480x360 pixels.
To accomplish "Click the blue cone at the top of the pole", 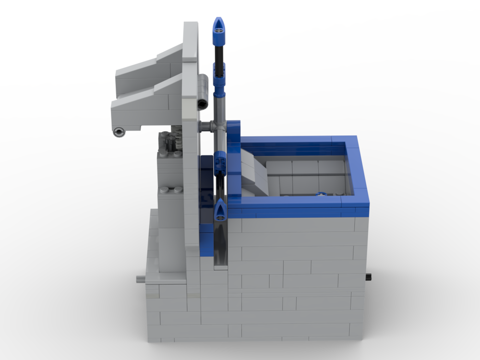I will (219, 26).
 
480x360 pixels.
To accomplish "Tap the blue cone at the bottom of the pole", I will (220, 210).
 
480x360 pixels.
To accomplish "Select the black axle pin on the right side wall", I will (368, 276).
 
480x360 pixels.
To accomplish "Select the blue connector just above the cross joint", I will (219, 85).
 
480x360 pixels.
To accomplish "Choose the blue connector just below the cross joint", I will (220, 161).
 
